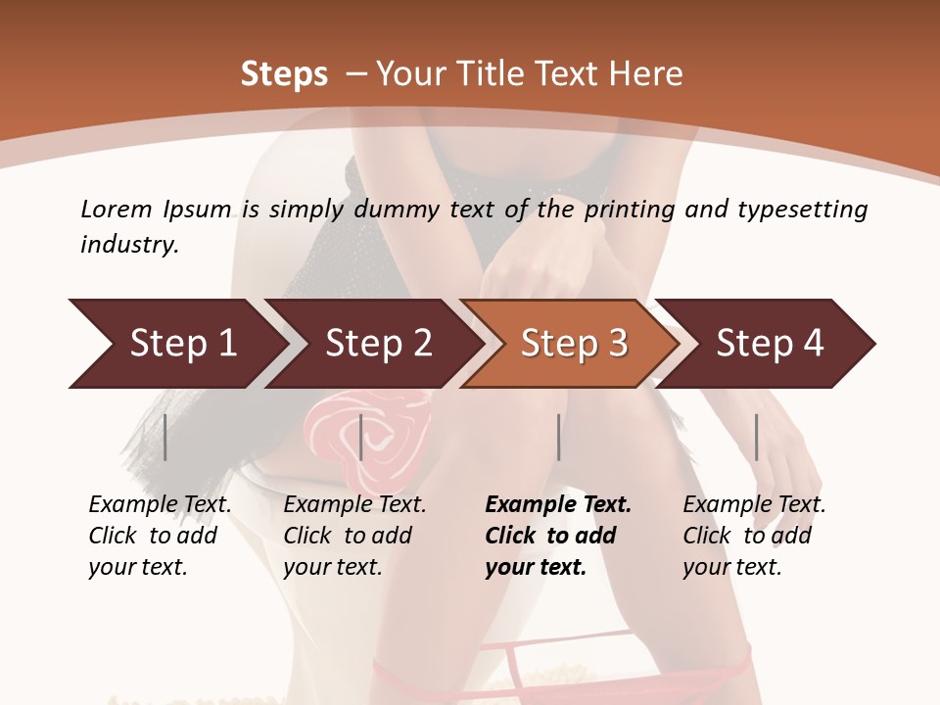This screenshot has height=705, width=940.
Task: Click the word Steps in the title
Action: pos(284,74)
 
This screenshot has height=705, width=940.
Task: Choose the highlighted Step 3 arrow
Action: pos(572,344)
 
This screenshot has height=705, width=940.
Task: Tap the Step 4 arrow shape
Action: pos(769,344)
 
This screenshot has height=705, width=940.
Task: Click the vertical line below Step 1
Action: pos(165,437)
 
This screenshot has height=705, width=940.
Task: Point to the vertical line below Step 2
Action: pos(361,437)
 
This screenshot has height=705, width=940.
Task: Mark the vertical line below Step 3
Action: pos(558,437)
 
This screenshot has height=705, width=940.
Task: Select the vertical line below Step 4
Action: pos(756,437)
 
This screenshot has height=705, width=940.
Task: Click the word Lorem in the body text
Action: pos(117,210)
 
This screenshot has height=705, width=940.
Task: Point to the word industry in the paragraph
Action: pos(128,245)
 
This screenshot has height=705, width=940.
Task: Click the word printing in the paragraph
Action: pos(632,210)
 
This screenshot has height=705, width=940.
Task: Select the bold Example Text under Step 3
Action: pos(558,505)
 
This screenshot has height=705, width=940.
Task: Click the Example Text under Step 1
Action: pos(160,505)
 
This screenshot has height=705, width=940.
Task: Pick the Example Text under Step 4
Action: pos(754,505)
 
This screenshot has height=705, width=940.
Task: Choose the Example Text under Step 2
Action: pos(354,505)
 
